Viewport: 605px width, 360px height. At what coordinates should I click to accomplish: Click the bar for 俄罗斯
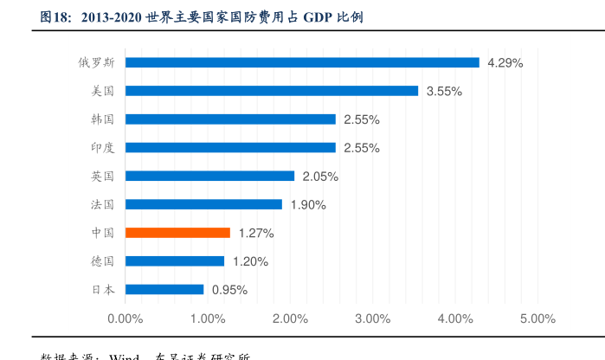tap(302, 62)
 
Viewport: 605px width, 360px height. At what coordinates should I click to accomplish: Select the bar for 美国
tap(272, 91)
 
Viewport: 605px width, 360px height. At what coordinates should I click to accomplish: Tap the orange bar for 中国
tap(177, 233)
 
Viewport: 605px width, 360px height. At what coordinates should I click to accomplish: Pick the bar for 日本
tap(164, 290)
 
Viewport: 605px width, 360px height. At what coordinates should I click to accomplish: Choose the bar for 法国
tap(203, 204)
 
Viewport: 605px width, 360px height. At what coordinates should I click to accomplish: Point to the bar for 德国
tap(175, 261)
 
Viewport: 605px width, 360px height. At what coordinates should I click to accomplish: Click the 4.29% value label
tap(505, 62)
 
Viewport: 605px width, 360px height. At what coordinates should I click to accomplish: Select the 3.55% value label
tap(444, 91)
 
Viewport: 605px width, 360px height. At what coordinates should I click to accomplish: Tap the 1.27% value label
tap(256, 233)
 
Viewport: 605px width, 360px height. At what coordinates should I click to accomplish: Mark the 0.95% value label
tap(230, 290)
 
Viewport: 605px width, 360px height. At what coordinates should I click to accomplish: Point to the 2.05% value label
tap(320, 177)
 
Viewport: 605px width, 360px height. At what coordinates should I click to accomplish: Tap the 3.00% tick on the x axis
tap(372, 318)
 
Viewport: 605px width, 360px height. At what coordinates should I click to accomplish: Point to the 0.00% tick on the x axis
tap(125, 318)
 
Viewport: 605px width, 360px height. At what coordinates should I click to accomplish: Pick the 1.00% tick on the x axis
tap(208, 318)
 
